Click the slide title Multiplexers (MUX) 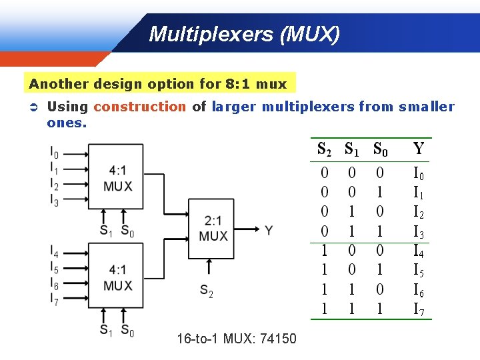click(244, 34)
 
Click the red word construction click(139, 107)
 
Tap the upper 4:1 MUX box click(116, 177)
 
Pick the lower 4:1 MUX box click(116, 276)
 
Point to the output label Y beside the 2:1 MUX click(268, 230)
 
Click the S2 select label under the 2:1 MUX click(207, 291)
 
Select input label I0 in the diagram click(54, 153)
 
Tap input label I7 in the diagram click(54, 299)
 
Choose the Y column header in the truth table click(418, 149)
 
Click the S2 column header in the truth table click(325, 149)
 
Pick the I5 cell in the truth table click(419, 271)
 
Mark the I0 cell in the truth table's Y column click(419, 175)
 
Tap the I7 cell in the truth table click(419, 309)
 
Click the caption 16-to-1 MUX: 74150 click(236, 339)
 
